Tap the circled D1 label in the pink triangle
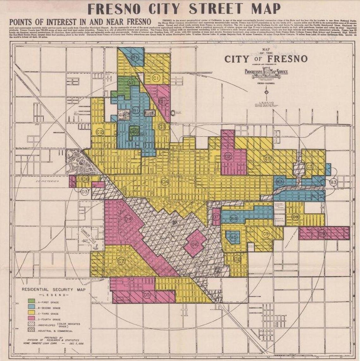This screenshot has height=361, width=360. [163, 101]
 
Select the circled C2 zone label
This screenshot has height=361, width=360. [100, 132]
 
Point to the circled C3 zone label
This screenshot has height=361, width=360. [162, 127]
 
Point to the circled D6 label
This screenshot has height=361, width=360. [195, 244]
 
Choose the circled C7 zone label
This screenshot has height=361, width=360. [122, 261]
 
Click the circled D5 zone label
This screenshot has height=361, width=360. [147, 295]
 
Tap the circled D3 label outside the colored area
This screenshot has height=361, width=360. [84, 191]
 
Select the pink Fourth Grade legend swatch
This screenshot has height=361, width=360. [31, 319]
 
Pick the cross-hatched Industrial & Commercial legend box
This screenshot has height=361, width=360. [31, 331]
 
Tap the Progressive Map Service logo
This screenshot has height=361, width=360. [266, 72]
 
